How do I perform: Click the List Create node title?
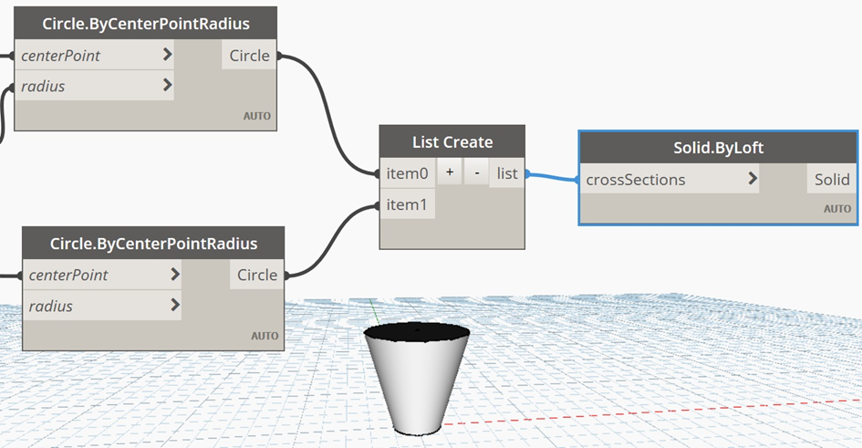(452, 141)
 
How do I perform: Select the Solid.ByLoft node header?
(718, 148)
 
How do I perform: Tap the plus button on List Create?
(450, 172)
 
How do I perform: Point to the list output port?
(507, 172)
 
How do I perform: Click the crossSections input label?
(636, 180)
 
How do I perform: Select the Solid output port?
(832, 180)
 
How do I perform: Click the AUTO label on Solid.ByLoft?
(836, 209)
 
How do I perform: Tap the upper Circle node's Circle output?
(249, 56)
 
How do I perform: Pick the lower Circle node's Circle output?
(256, 275)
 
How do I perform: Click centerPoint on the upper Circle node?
(60, 56)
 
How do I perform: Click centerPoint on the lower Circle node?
(68, 275)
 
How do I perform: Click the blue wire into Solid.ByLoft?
(550, 177)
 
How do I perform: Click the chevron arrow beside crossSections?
(752, 179)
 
